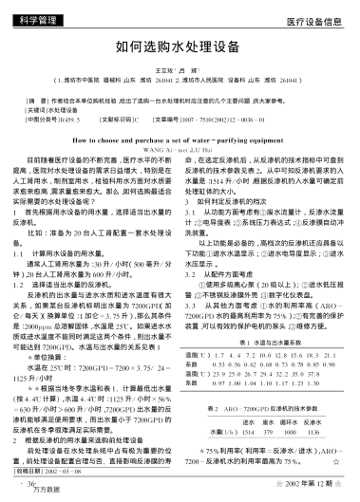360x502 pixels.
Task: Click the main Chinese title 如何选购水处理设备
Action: (180, 46)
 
